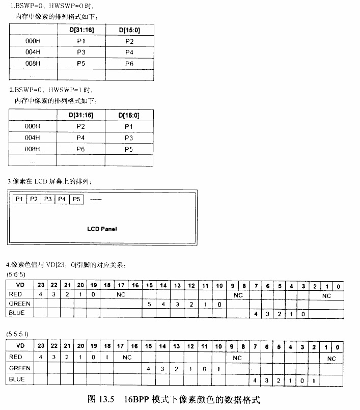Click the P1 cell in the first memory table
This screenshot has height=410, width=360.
[x=81, y=41]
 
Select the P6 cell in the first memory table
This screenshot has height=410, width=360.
[x=129, y=64]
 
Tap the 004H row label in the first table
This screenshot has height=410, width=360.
[x=32, y=52]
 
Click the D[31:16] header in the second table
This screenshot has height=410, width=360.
[x=81, y=115]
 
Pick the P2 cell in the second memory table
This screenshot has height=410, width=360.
[x=81, y=126]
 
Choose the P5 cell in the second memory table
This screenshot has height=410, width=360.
[x=129, y=149]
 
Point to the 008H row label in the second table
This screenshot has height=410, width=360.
[x=32, y=149]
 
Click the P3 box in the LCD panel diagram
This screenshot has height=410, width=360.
[x=48, y=199]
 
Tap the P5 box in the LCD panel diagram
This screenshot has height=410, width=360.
[x=76, y=199]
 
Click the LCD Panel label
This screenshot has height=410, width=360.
[x=102, y=229]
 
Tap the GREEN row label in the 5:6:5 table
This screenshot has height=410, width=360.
[x=19, y=304]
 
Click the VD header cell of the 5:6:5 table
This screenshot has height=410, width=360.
[x=20, y=285]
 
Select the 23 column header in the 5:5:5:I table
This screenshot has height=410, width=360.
[x=41, y=346]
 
